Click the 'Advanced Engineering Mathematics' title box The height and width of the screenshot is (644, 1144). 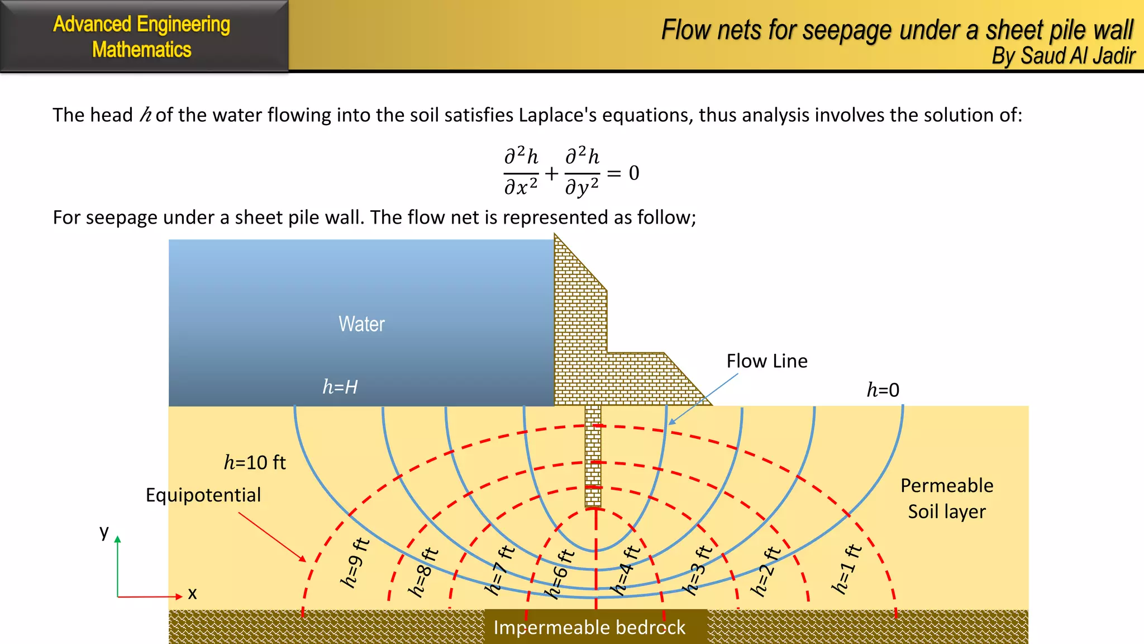(142, 36)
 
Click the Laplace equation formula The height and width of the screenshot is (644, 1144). (571, 171)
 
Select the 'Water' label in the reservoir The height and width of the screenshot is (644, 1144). (361, 324)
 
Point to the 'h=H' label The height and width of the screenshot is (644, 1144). (340, 387)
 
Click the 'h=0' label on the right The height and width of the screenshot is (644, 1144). (883, 390)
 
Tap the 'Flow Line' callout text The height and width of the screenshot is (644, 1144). (766, 361)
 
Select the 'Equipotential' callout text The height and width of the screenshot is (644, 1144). (203, 495)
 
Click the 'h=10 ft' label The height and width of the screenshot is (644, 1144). (255, 462)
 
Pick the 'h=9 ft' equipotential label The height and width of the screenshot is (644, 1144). (355, 562)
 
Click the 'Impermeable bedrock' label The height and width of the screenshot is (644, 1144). (589, 628)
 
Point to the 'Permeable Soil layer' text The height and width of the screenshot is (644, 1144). (947, 498)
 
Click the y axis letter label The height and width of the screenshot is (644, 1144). (104, 531)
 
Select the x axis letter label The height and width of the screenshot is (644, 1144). (192, 593)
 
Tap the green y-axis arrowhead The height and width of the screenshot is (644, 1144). (118, 539)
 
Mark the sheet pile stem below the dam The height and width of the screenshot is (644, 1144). (593, 456)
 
